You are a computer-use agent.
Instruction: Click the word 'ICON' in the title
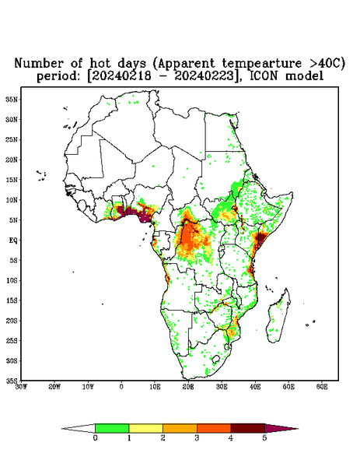(264, 76)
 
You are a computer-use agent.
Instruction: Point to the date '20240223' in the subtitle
(204, 76)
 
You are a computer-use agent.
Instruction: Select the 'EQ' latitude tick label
(12, 240)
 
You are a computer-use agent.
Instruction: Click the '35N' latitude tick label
(12, 99)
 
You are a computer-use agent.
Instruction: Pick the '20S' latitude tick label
(12, 321)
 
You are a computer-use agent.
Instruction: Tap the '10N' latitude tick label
(12, 200)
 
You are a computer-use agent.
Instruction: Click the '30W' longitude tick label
(22, 387)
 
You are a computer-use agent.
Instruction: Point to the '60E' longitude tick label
(322, 387)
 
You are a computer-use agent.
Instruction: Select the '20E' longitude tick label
(188, 387)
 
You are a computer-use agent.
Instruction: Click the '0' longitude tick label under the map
(121, 387)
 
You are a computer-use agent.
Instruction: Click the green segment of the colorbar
(112, 428)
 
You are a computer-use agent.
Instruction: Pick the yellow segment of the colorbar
(145, 428)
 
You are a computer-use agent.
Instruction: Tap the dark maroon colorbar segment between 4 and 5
(248, 428)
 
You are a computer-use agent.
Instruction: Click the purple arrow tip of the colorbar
(281, 428)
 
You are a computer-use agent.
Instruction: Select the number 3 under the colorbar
(197, 438)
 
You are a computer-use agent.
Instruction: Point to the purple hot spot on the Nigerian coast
(139, 215)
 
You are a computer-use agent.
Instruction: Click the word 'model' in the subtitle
(304, 76)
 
